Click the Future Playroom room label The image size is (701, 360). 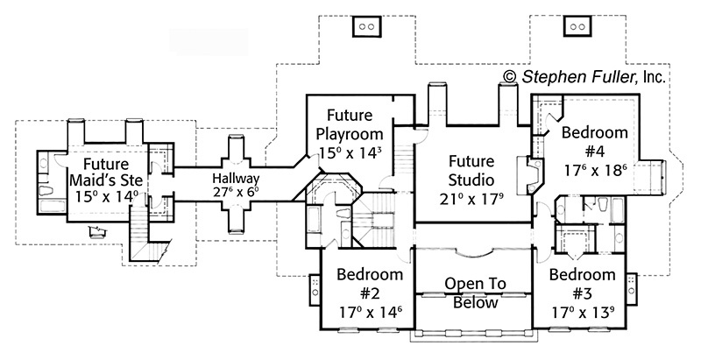pos(349,125)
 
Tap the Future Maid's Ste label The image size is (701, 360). pos(107,171)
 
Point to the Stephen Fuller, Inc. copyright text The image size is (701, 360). pos(584,77)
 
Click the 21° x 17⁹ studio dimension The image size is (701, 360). pos(472,198)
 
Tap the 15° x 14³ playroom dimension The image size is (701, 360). pos(349,152)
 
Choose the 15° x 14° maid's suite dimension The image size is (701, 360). pos(107,195)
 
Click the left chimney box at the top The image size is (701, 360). pos(365,27)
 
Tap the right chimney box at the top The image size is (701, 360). pos(577,27)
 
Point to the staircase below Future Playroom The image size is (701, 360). pos(403,159)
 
